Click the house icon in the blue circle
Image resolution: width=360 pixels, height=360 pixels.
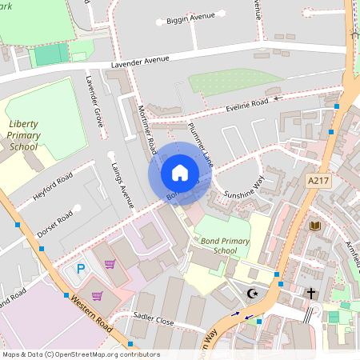click(x=179, y=172)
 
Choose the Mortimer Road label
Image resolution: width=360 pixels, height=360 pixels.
click(x=146, y=129)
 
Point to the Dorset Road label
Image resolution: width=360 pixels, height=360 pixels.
click(x=56, y=222)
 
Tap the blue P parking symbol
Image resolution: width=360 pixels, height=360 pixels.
click(x=80, y=269)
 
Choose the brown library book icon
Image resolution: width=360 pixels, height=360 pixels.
click(x=315, y=226)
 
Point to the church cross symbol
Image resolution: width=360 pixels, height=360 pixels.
click(x=311, y=294)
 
